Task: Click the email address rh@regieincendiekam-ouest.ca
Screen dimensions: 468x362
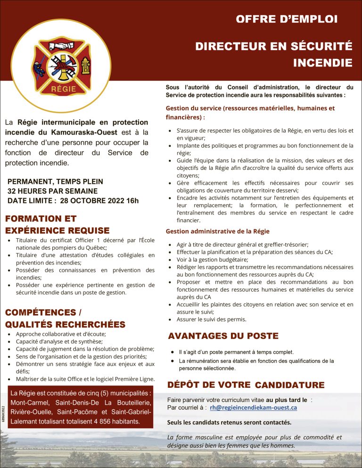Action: click(x=254, y=407)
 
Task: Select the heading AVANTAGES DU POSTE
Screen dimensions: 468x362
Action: click(x=223, y=336)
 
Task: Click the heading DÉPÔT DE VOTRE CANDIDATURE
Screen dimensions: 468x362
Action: click(x=246, y=385)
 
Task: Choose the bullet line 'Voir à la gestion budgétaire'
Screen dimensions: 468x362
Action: click(x=212, y=259)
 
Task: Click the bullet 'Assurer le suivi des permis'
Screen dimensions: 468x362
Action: click(x=211, y=319)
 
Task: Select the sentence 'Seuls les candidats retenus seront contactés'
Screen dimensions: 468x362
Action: click(x=229, y=422)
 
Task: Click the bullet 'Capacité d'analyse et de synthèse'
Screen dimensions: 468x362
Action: click(x=59, y=341)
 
